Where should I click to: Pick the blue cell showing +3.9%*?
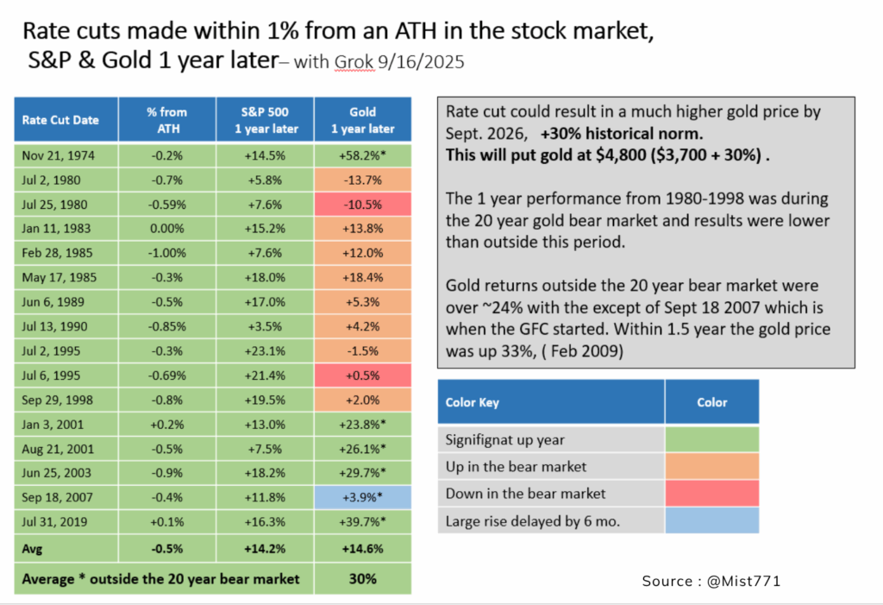click(x=362, y=498)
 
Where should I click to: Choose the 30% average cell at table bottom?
click(x=362, y=578)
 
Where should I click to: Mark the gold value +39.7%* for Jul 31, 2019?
click(x=362, y=522)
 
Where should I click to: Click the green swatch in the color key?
click(x=711, y=439)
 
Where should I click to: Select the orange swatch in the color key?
click(x=711, y=467)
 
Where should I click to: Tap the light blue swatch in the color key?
click(x=711, y=520)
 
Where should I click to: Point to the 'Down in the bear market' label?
click(x=526, y=494)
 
